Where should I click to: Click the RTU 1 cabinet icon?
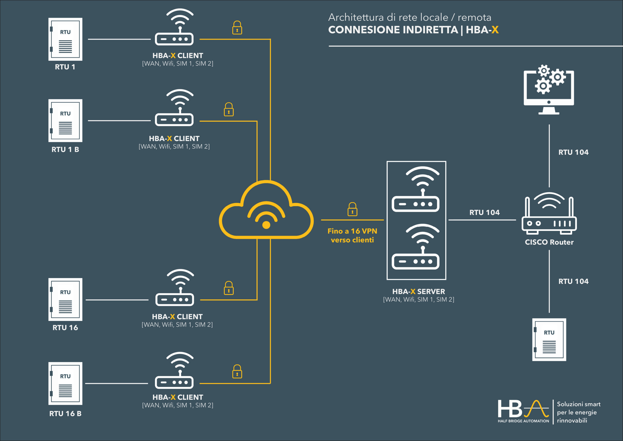click(x=65, y=39)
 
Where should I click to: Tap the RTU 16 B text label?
click(x=65, y=413)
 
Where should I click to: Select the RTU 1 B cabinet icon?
click(x=65, y=120)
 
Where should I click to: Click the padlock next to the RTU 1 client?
click(x=237, y=28)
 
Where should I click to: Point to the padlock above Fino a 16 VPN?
click(x=352, y=209)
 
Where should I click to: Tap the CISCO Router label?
click(x=549, y=242)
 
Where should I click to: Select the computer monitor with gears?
click(x=549, y=90)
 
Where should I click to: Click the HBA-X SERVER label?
click(x=418, y=292)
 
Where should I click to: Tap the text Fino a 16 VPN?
click(x=352, y=231)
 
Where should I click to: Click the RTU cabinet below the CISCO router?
click(x=549, y=340)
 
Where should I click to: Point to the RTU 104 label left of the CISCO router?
click(x=484, y=212)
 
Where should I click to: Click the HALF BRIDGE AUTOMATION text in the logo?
click(x=523, y=421)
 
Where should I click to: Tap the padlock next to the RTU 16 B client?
click(x=237, y=372)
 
